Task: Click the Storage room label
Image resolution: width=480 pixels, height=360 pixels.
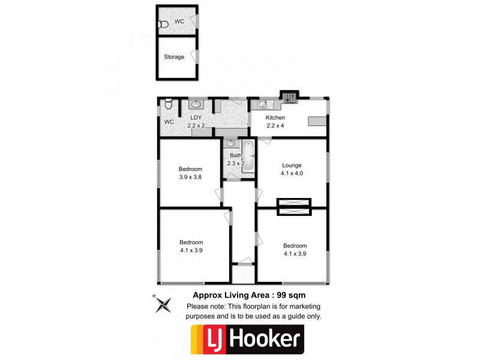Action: point(175,57)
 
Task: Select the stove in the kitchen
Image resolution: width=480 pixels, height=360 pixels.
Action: point(290,97)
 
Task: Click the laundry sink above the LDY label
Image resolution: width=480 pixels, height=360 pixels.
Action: point(196,104)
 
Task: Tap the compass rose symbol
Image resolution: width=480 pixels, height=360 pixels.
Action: point(162,305)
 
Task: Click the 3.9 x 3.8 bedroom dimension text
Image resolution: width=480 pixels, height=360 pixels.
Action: point(190,177)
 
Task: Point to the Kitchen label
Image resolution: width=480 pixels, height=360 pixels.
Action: point(275,118)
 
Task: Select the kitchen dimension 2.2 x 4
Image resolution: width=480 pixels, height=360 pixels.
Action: point(275,125)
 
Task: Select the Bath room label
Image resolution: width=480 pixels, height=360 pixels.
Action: point(235,155)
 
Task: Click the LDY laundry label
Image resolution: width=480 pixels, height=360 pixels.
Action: point(196,118)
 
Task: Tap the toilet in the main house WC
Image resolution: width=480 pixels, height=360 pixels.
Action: point(169,106)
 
